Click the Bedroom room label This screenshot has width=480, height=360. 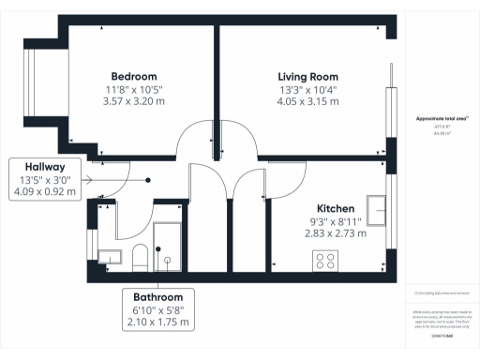134,76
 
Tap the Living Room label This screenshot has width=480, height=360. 307,76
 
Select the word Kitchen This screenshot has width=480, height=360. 336,207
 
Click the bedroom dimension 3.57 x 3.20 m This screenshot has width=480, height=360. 134,102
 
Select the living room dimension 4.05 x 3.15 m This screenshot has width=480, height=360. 307,102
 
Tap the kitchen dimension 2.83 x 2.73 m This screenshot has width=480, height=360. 336,233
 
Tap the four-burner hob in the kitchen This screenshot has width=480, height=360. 327,261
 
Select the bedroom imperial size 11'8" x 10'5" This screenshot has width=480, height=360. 134,89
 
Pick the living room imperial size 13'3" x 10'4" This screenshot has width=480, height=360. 307,89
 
